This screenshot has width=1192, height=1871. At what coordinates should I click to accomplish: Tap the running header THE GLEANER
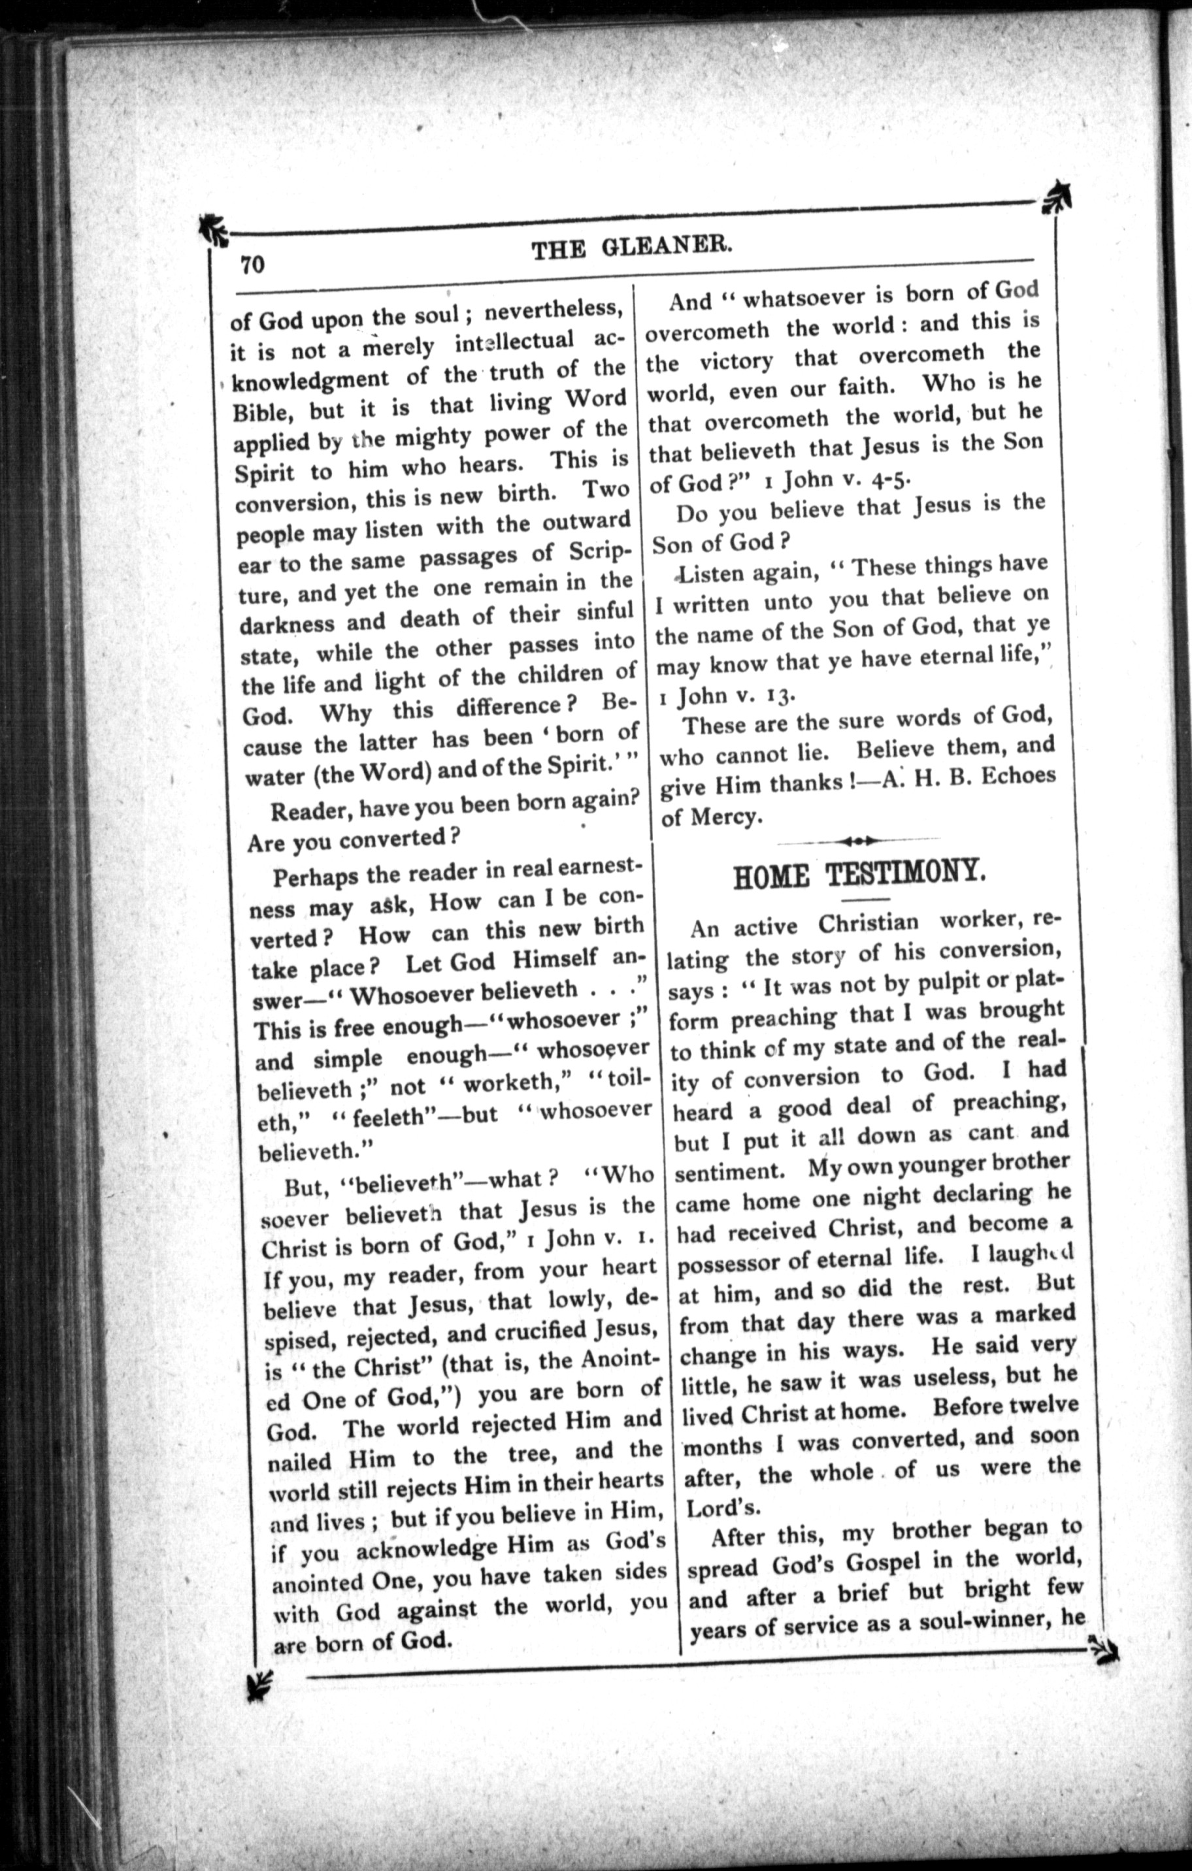point(632,249)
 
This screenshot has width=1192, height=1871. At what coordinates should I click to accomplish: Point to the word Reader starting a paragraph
point(304,812)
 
